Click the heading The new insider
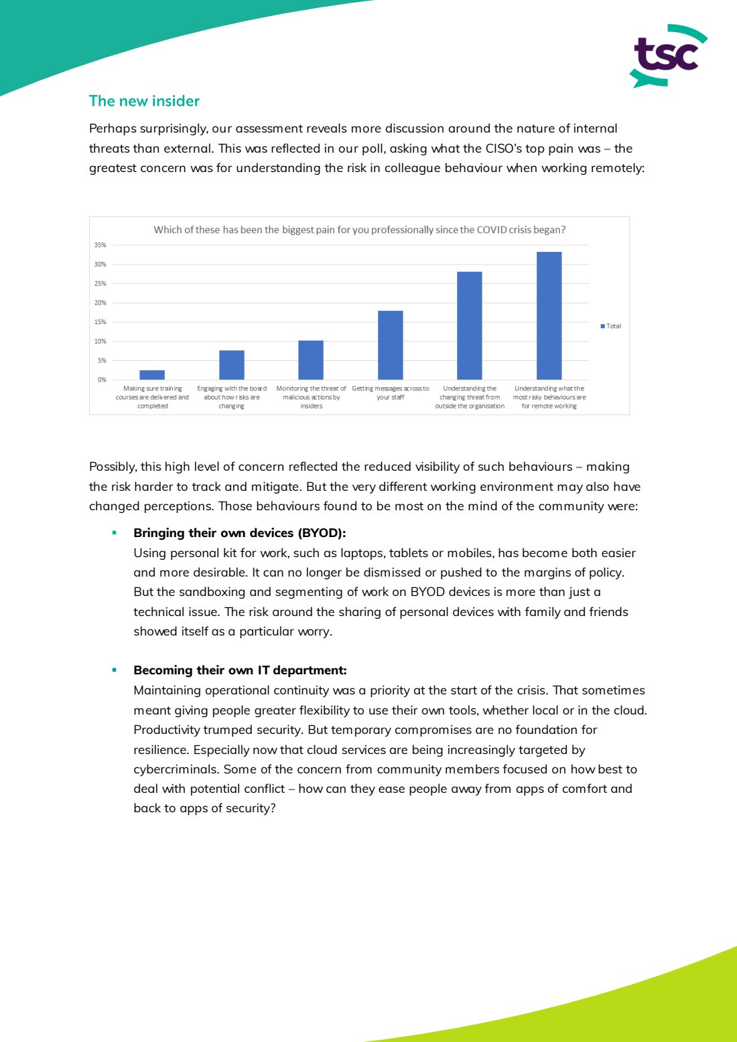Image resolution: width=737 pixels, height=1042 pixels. coord(144,101)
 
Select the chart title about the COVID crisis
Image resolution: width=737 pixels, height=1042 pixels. coord(359,230)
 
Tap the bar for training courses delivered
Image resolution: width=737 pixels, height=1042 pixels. coord(152,375)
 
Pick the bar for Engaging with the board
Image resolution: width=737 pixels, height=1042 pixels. coord(231,365)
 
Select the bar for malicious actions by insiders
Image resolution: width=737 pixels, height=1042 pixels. coord(311,360)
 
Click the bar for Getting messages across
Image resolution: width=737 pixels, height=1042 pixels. coord(390,346)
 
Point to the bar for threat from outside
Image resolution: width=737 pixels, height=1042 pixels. coord(469,325)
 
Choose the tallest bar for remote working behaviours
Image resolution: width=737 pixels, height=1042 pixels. coord(549,315)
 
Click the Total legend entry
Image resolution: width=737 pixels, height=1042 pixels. coord(611,326)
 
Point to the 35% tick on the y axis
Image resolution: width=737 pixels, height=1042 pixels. coord(100,245)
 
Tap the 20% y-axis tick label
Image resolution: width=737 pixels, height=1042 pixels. coord(100,303)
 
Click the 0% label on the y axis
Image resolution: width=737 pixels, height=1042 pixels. coord(102,380)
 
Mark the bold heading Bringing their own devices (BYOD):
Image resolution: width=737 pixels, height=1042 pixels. coord(239,533)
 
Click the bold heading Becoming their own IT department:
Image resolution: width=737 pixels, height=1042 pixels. coord(240,670)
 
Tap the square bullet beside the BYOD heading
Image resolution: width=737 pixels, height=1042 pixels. coord(115,533)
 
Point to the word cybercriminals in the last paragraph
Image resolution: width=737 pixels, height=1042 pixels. coord(176,769)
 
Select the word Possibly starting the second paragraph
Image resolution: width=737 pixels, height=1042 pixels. coord(112,467)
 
